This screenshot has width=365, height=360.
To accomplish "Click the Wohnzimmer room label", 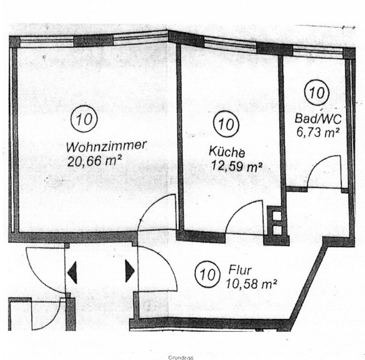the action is (106, 146).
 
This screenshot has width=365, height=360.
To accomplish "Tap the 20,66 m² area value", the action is (95, 162).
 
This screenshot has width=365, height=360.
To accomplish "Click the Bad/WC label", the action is (318, 118).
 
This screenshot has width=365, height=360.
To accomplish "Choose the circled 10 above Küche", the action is (227, 125).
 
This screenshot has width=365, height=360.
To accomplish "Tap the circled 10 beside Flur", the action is (208, 274).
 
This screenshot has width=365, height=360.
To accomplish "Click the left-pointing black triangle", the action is (72, 272).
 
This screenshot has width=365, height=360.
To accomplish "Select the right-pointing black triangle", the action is (129, 271).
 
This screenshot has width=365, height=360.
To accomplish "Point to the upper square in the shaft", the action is (277, 216).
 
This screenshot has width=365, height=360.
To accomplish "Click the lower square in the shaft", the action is (277, 230).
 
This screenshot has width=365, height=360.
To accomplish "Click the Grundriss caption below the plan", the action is (181, 357).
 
